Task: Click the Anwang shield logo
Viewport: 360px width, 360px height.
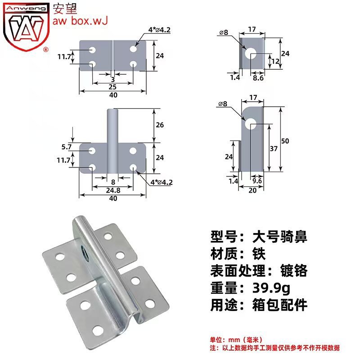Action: tap(26, 27)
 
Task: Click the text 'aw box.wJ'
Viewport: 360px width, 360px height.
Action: tap(80, 21)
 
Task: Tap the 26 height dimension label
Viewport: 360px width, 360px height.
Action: tap(160, 125)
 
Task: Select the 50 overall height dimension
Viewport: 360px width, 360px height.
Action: tap(285, 141)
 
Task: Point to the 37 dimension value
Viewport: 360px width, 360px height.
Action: tap(274, 148)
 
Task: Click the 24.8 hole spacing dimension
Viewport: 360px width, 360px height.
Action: tap(113, 190)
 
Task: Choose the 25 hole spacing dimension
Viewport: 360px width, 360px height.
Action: tap(112, 87)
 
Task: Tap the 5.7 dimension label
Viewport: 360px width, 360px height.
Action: tap(67, 147)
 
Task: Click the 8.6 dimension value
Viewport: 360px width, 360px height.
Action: tap(258, 78)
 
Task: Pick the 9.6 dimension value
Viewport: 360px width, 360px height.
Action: tap(257, 181)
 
